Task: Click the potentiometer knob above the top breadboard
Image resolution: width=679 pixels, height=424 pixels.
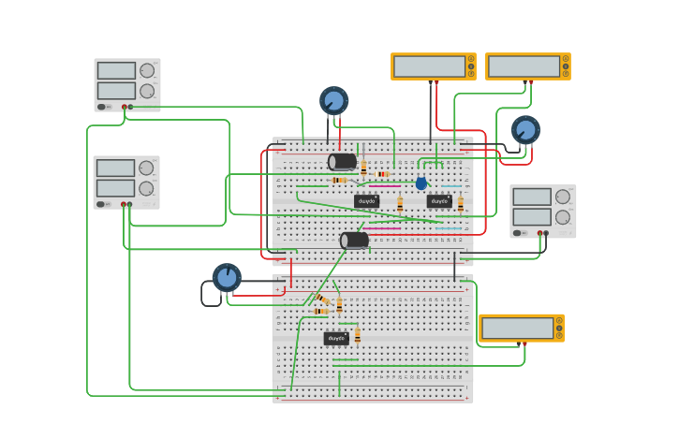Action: click(333, 100)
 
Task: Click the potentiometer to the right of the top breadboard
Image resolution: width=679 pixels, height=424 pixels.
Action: click(525, 129)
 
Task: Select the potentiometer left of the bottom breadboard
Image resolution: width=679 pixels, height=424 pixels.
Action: click(227, 277)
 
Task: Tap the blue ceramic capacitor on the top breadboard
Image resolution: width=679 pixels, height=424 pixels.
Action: click(421, 183)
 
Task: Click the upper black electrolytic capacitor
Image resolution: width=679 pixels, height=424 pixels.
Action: click(343, 161)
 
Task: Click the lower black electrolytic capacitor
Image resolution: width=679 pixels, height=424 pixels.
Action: click(355, 241)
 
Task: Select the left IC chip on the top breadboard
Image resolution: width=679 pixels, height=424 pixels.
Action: click(366, 201)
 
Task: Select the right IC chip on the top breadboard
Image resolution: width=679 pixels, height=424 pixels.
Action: click(439, 201)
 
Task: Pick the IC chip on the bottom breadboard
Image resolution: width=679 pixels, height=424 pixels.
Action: click(336, 339)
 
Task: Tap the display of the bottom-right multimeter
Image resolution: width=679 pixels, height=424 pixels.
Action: click(517, 328)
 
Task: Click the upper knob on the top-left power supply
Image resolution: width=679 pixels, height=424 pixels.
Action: click(147, 70)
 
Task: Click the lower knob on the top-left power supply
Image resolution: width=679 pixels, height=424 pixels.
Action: click(147, 91)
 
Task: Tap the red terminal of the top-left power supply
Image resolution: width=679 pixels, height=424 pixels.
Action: click(124, 107)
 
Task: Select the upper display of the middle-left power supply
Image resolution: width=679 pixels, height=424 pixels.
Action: click(115, 168)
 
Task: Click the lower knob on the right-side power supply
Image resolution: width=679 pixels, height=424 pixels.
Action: click(563, 217)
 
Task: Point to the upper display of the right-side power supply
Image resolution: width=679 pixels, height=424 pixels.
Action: click(532, 197)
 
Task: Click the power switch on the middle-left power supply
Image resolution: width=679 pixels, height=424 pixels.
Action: click(101, 204)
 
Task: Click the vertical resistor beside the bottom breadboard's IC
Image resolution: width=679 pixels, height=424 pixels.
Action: click(357, 336)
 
